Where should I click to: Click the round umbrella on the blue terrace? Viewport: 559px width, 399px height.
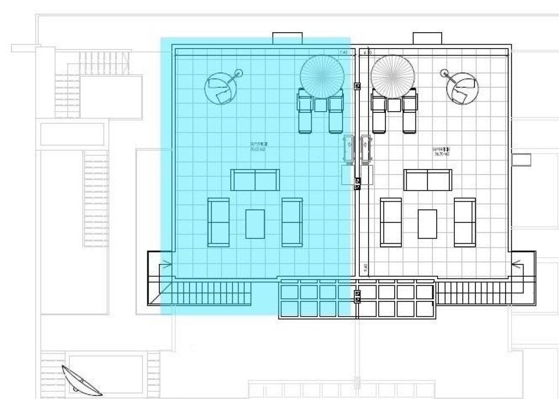[x=322, y=76]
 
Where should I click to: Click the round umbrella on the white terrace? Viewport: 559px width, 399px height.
[x=393, y=76]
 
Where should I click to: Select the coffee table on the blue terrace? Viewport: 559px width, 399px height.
[x=255, y=224]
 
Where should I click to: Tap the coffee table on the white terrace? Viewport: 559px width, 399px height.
[x=427, y=224]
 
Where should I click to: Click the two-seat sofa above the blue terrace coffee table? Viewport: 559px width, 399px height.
[x=255, y=180]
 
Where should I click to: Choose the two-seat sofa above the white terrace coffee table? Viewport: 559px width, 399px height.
[x=427, y=180]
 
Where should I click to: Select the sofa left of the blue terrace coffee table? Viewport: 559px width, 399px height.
[x=218, y=222]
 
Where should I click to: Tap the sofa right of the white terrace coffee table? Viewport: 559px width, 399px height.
[x=465, y=222]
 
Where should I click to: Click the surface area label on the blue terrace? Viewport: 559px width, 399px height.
[x=259, y=146]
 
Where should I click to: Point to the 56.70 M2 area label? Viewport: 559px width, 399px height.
[x=441, y=151]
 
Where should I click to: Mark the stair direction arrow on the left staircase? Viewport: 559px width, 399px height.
[x=163, y=267]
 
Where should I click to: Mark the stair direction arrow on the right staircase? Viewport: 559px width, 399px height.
[x=518, y=267]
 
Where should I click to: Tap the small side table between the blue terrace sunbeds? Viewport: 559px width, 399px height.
[x=320, y=105]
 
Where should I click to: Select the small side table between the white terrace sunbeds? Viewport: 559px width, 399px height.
[x=394, y=105]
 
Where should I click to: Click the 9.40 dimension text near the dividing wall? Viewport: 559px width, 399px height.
[x=365, y=268]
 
